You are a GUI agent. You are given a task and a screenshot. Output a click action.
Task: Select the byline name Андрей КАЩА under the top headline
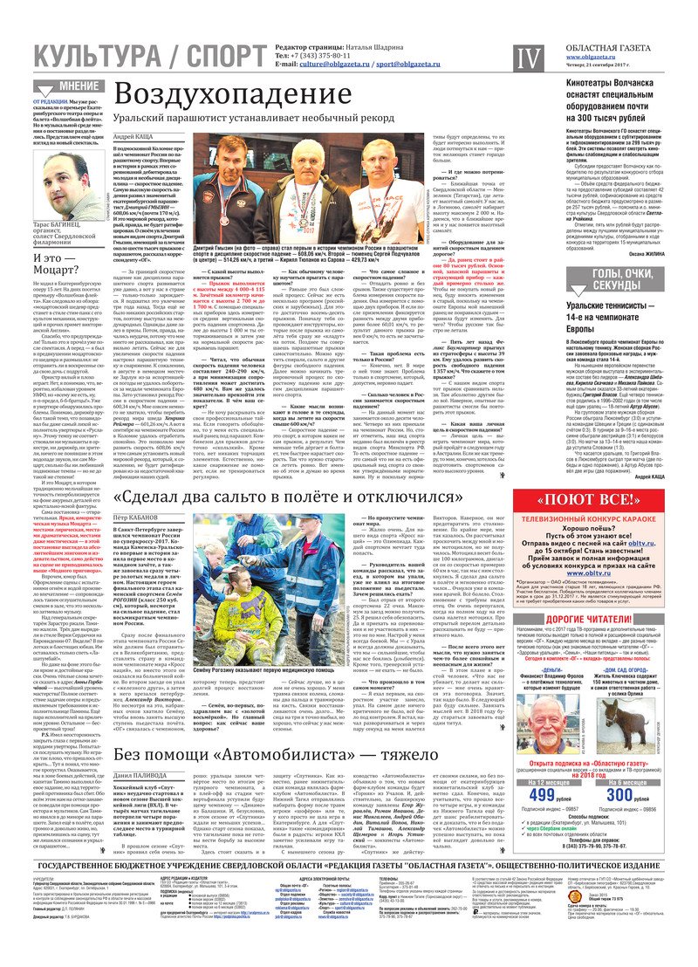(135, 138)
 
